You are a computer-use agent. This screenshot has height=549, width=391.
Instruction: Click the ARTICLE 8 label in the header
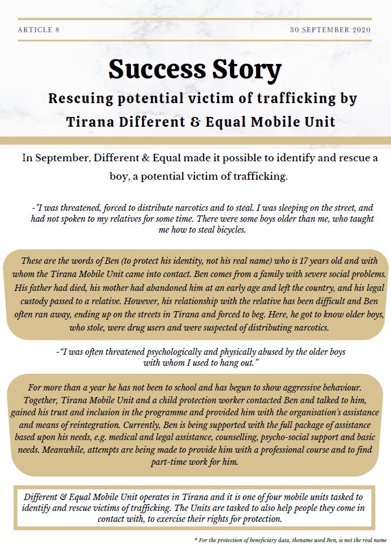point(39,29)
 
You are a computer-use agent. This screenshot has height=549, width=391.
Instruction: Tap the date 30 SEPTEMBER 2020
point(330,29)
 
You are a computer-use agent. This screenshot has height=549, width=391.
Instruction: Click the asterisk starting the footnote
point(197,540)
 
